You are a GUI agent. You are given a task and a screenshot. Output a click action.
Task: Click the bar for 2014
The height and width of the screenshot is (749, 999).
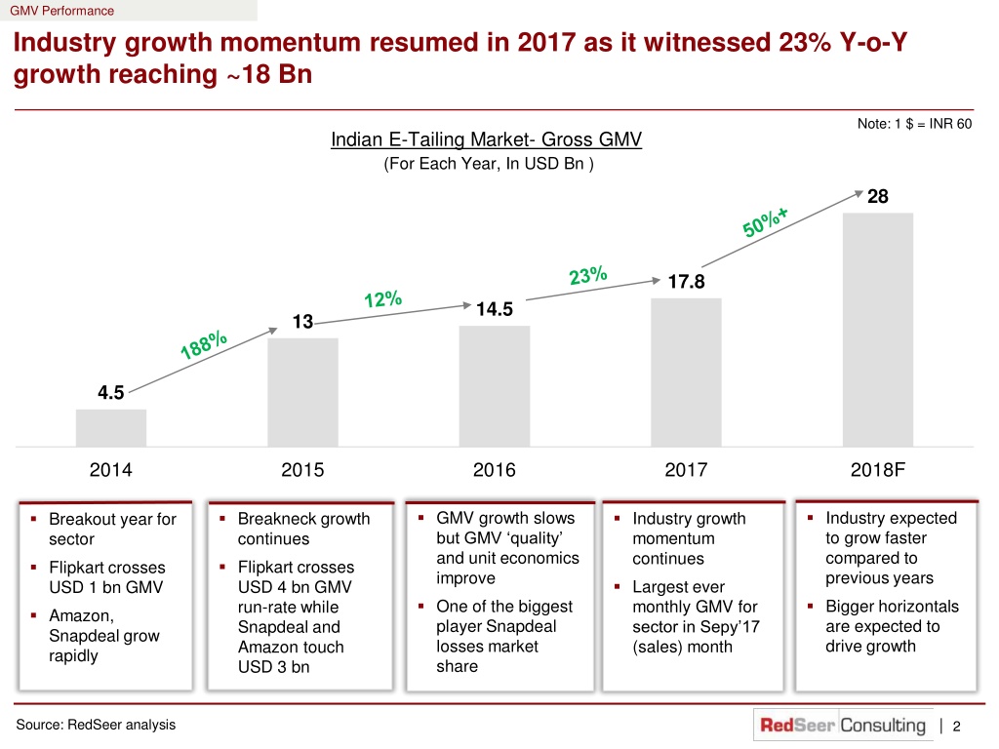tap(111, 427)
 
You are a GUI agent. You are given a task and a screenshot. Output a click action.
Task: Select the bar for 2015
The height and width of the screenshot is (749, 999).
tap(302, 392)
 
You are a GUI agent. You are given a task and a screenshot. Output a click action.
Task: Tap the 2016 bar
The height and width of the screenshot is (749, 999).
tap(495, 386)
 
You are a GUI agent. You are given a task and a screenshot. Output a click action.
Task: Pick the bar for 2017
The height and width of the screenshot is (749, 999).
tap(686, 372)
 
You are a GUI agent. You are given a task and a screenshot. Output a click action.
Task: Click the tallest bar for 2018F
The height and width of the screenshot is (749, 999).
tap(878, 330)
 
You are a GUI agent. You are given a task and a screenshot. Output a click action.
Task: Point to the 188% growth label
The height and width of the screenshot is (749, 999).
tap(203, 344)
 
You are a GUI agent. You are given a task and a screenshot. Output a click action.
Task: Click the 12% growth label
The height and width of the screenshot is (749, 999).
tap(382, 298)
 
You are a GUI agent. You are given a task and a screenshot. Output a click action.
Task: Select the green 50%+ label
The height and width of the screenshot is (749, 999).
tap(765, 221)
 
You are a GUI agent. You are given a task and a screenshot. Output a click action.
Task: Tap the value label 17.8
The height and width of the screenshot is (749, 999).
tap(686, 282)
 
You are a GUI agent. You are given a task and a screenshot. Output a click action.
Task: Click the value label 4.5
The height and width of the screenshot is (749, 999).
tap(111, 392)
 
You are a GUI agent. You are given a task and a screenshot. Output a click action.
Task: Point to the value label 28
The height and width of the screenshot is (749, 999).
tap(878, 196)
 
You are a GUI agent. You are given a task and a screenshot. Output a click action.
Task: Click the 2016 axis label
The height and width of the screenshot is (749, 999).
tap(495, 470)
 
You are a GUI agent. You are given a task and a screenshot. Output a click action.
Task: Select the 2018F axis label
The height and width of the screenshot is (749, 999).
tap(878, 470)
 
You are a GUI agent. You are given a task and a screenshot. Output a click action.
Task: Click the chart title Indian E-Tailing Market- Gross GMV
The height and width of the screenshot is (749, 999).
tap(486, 139)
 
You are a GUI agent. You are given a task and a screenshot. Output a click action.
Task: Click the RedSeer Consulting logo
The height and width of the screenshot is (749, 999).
tap(843, 725)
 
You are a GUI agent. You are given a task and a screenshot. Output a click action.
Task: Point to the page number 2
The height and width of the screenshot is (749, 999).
tap(956, 726)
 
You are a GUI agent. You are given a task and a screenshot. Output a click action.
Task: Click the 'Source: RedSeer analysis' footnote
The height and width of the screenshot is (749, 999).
tap(96, 725)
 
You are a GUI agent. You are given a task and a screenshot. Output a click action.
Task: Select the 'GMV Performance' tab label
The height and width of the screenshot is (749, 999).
tap(61, 11)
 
